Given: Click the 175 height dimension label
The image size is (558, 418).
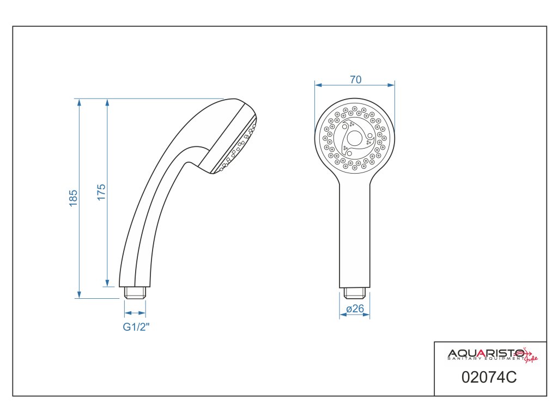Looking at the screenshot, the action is point(101,193).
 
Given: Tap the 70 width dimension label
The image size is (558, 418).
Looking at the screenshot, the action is point(355,79).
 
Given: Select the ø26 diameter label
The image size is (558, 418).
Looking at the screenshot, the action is point(355,309).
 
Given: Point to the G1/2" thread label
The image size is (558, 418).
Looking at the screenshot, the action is point(136,327).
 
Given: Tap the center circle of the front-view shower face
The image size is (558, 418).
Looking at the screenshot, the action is point(355,139).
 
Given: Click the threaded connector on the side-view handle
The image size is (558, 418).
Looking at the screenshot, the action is point(135,292).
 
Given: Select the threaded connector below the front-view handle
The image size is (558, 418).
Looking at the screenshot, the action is point(355,293).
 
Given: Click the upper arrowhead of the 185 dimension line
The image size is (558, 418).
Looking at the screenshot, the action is point(80,102).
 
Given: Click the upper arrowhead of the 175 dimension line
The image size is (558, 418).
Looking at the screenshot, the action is point(107,102).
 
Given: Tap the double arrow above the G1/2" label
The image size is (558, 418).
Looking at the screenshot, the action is point(135,313).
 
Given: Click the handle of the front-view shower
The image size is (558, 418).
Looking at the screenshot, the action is point(355,234).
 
